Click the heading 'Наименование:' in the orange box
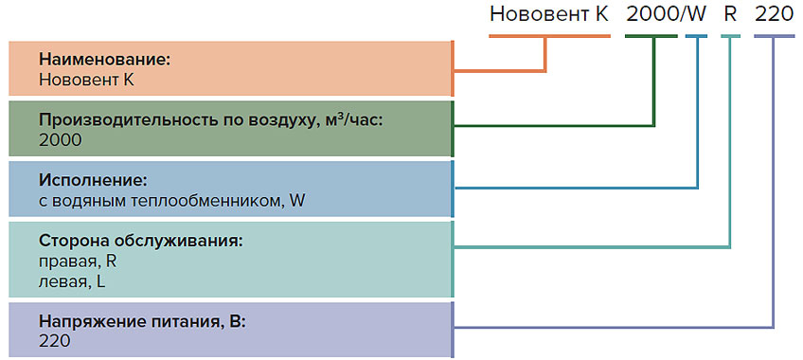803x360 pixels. [104, 60]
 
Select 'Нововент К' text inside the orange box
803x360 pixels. [86, 80]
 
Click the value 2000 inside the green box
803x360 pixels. [61, 139]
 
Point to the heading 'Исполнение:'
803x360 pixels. [93, 179]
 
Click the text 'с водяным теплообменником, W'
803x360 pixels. [172, 199]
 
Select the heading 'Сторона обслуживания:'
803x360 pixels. [141, 240]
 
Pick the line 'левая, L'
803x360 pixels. [72, 280]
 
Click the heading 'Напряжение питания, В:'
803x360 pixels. [142, 321]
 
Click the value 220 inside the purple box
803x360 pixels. [56, 340]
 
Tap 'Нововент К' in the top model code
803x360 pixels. [549, 15]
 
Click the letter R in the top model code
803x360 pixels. [730, 15]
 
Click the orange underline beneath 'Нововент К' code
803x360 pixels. [549, 36]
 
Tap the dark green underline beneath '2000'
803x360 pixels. [651, 36]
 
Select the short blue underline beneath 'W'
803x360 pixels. [696, 36]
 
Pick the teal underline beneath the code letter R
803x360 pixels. [730, 36]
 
